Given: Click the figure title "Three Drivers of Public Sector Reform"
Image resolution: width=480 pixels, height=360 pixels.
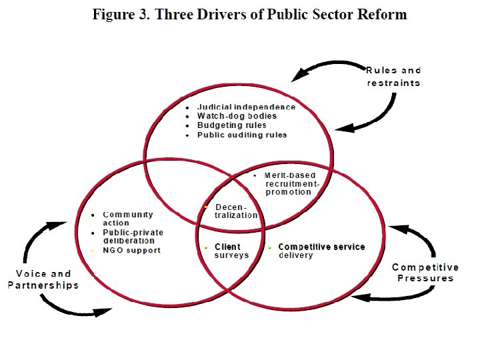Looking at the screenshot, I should click(x=281, y=15).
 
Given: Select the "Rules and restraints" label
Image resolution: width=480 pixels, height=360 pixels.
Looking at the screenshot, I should click(x=394, y=77).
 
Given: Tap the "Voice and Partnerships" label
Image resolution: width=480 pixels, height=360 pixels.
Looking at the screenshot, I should click(x=43, y=279).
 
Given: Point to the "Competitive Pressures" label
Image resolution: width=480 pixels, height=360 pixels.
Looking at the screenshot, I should click(x=425, y=273).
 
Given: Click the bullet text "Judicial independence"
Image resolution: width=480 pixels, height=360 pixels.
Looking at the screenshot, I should click(x=246, y=107).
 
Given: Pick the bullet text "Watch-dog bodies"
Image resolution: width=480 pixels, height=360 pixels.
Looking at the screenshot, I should click(x=237, y=116).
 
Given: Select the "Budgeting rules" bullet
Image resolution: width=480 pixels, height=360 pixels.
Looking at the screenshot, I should click(x=231, y=125).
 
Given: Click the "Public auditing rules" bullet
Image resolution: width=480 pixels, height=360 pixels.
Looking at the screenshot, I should click(x=241, y=135).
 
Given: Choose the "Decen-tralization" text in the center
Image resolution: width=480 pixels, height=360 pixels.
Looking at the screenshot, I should click(x=235, y=211).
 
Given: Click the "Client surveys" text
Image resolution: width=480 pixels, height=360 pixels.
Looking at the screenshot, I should click(x=232, y=251).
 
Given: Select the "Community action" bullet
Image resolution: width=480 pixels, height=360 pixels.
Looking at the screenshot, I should click(x=128, y=219).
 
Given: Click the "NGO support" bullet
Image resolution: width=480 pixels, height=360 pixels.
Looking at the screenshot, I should click(x=131, y=251).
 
